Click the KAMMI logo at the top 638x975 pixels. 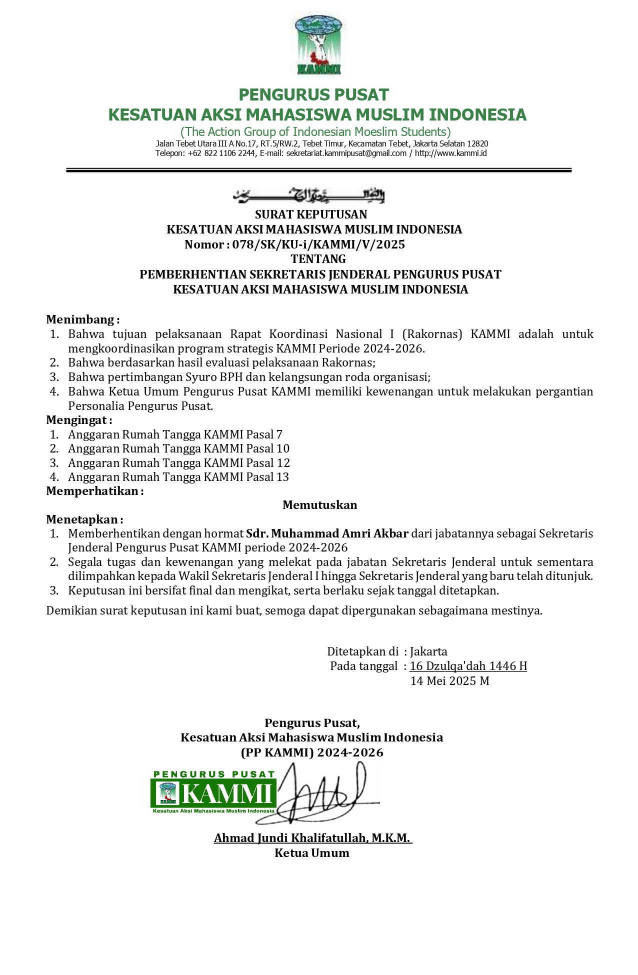[x=318, y=45]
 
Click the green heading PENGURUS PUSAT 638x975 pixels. [x=313, y=94]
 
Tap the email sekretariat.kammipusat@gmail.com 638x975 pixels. [x=346, y=153]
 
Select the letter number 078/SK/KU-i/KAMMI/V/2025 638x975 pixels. [x=318, y=244]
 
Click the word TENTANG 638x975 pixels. [x=318, y=259]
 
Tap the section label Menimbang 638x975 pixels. [x=81, y=319]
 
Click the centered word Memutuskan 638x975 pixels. [x=319, y=505]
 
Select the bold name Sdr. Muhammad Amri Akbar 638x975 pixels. [x=327, y=533]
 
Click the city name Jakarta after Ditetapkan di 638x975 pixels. [x=428, y=651]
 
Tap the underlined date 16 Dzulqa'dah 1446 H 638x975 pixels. [x=468, y=666]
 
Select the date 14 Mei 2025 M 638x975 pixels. [x=449, y=681]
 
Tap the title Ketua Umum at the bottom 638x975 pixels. [x=311, y=853]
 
